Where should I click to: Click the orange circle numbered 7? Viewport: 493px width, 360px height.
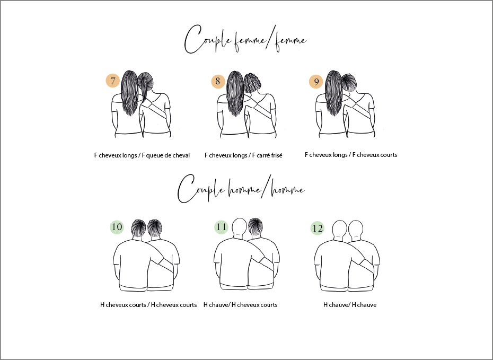click(x=112, y=81)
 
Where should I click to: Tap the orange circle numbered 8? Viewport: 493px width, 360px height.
click(x=218, y=82)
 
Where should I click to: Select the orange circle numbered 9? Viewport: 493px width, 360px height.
click(x=316, y=82)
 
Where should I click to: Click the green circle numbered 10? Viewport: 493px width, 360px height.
click(x=117, y=227)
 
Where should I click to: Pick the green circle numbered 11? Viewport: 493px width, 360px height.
click(x=221, y=227)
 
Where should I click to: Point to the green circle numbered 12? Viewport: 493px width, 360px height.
click(x=317, y=229)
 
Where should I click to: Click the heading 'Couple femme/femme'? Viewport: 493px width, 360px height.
click(x=245, y=40)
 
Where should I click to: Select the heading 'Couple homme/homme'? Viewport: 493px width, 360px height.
click(x=241, y=189)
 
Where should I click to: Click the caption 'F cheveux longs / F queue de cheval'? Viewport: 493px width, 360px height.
click(x=142, y=155)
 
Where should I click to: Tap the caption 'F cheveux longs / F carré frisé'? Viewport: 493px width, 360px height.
click(x=243, y=155)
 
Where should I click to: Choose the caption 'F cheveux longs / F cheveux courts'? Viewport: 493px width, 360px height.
click(x=351, y=155)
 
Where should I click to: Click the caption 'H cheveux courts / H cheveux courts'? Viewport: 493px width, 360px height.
click(x=148, y=305)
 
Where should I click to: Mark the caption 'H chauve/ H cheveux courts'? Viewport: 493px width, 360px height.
click(x=241, y=305)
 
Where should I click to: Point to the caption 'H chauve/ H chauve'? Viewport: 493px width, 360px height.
click(x=350, y=305)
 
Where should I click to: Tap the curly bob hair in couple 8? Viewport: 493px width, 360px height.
click(x=252, y=83)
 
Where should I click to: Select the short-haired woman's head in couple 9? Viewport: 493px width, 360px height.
click(x=349, y=82)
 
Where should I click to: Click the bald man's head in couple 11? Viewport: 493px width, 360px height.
click(x=240, y=226)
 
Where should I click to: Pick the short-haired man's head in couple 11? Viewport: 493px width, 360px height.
click(x=256, y=226)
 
